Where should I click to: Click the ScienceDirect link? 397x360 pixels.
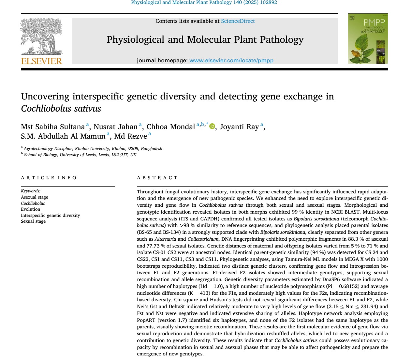point(238,21)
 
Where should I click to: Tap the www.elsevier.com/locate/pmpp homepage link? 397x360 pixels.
point(231,61)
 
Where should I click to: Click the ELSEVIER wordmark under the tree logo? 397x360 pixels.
point(41,61)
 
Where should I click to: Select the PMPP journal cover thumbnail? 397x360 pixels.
point(368,39)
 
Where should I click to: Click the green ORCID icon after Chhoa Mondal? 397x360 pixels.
point(212,127)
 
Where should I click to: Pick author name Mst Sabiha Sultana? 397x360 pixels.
point(52,127)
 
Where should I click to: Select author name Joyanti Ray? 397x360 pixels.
point(239,127)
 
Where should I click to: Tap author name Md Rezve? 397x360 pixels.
point(130,136)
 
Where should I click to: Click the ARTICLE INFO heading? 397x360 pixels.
point(49,178)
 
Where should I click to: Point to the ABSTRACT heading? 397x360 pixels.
point(157,178)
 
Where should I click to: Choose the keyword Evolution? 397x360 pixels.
point(31,209)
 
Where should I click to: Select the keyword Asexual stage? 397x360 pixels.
point(35,197)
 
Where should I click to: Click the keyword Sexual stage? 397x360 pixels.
point(33,221)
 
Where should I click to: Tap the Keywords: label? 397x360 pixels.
point(31,191)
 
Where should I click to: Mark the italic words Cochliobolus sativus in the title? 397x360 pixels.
point(61,109)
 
